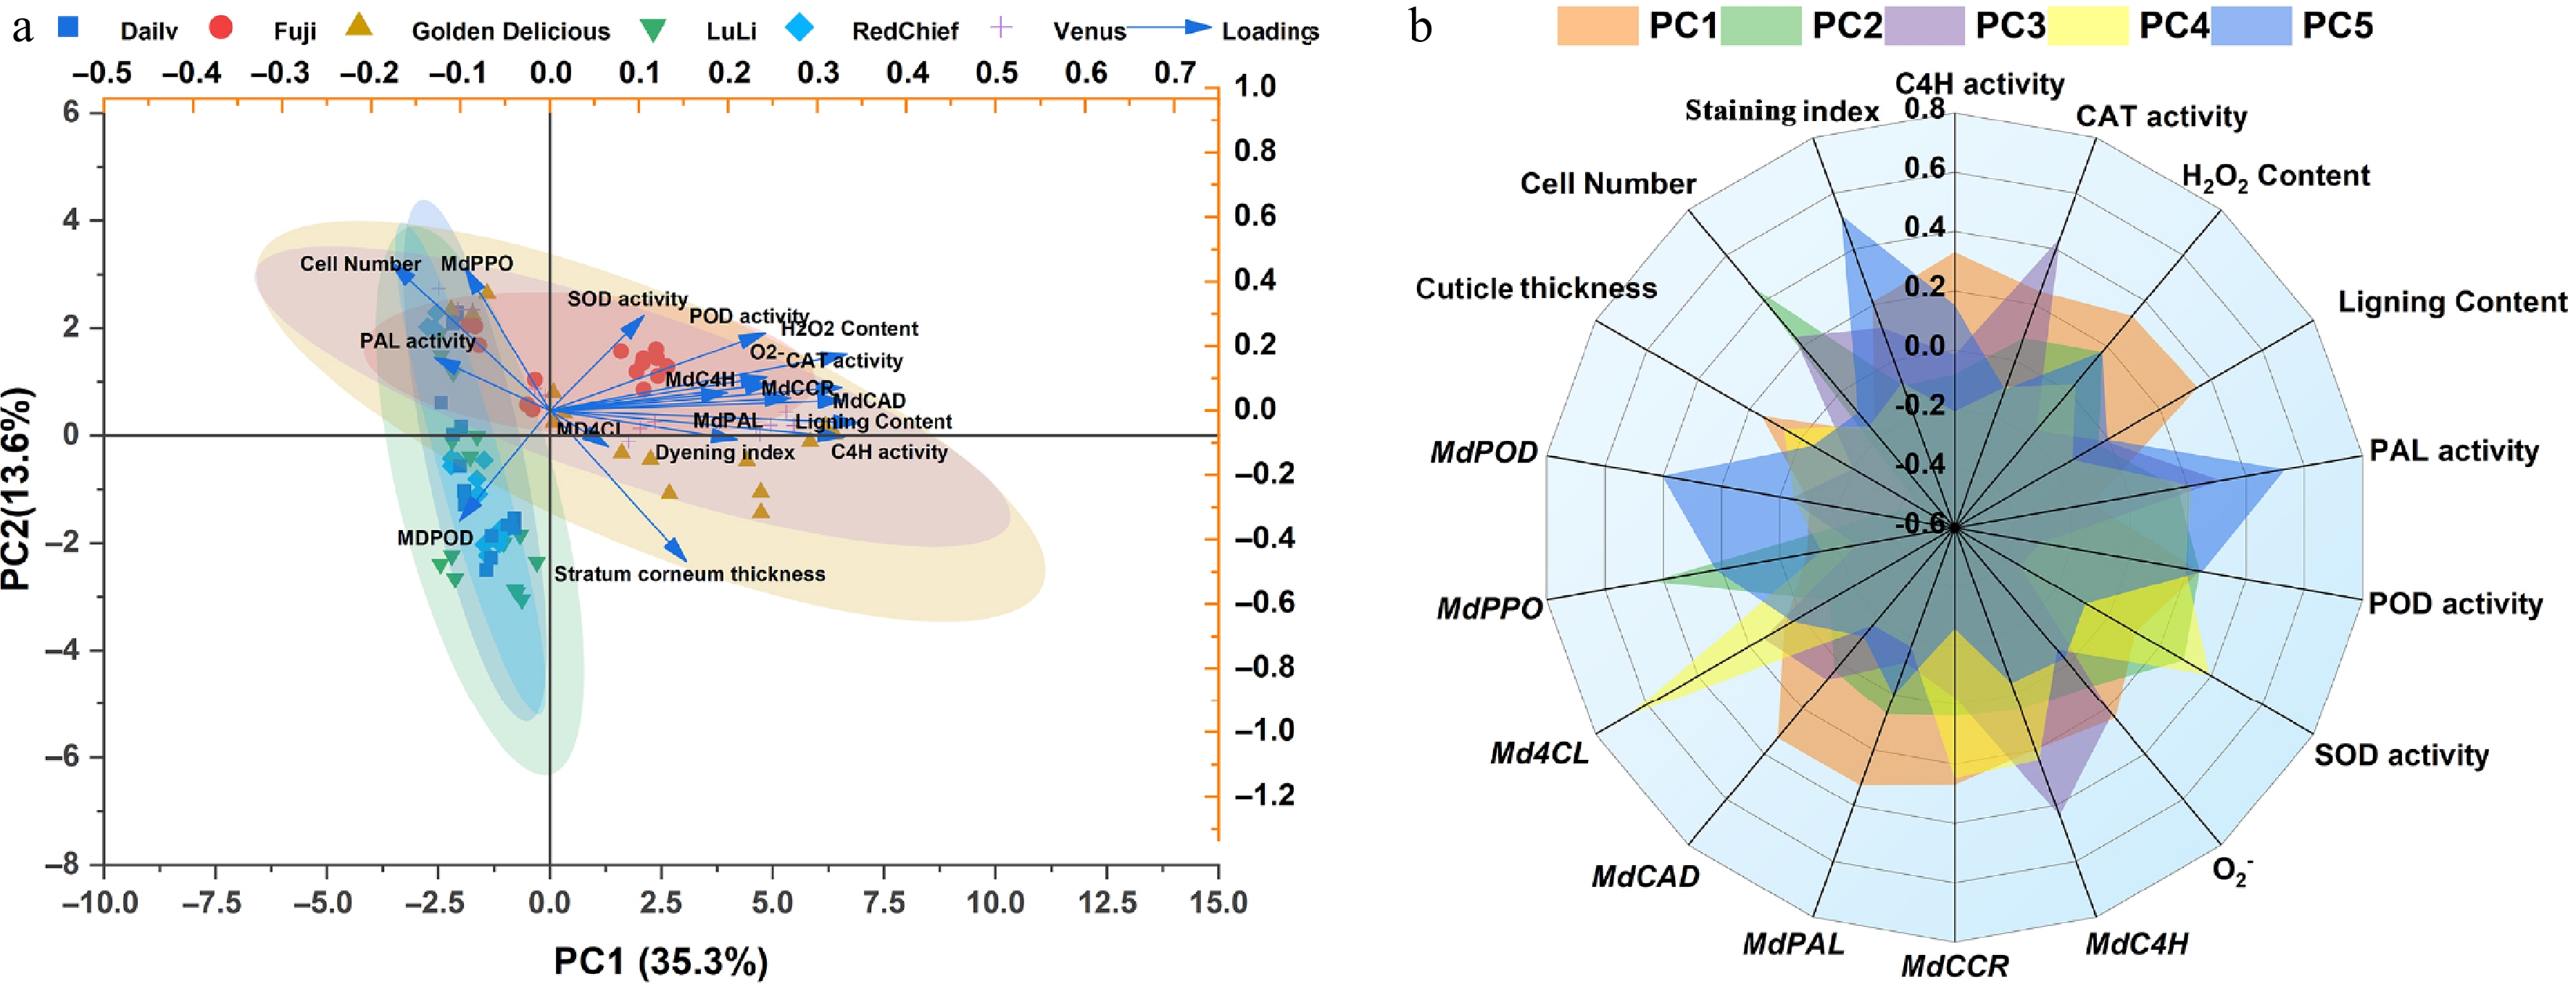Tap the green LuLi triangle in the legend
coord(652,31)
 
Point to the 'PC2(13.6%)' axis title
coord(18,489)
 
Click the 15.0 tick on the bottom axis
coord(1217,904)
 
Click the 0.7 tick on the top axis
coord(1174,73)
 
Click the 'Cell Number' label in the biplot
coord(360,264)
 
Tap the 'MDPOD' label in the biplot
coord(435,538)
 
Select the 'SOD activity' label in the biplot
coord(627,299)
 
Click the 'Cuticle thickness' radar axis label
coord(1535,289)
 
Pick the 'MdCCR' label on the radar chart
coord(1955,966)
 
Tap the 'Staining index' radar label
coord(1780,111)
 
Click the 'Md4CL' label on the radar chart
coord(1539,753)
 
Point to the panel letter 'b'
coord(1421,27)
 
